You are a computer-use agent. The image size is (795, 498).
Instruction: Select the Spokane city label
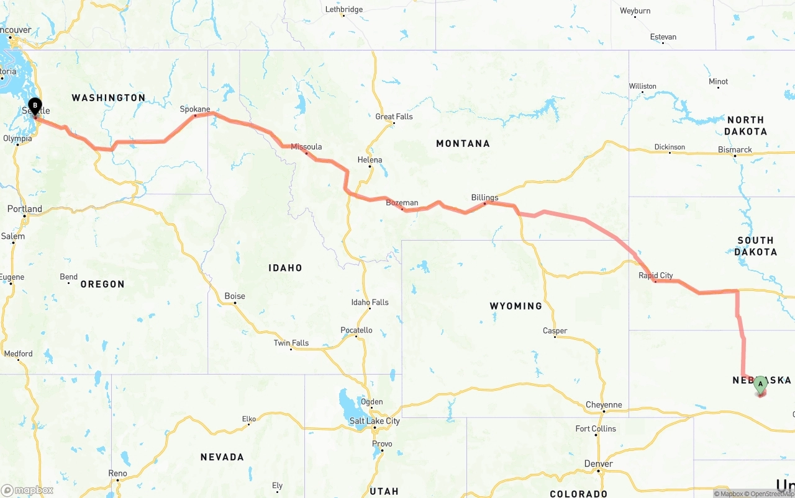click(x=195, y=109)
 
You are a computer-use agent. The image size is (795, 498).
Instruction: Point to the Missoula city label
click(x=306, y=147)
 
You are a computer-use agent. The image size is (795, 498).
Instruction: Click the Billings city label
click(x=484, y=198)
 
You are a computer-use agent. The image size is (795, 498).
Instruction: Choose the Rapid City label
click(x=656, y=276)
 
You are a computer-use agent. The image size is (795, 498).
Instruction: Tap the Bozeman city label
click(x=402, y=203)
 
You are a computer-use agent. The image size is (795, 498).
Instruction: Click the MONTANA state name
click(x=463, y=143)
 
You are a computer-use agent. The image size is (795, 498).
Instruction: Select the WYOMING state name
click(x=516, y=306)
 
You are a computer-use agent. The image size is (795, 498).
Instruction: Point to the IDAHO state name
click(x=285, y=268)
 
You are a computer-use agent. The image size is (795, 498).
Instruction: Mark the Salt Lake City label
click(x=375, y=421)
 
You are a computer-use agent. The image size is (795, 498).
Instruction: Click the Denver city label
click(x=599, y=464)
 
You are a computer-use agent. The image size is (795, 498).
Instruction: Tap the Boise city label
click(x=235, y=296)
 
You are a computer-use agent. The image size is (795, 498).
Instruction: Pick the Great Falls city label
click(x=394, y=117)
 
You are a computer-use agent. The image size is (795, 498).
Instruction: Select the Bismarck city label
click(x=735, y=149)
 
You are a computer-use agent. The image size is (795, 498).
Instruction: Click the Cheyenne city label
click(x=604, y=405)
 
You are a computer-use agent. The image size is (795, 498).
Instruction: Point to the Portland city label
click(x=25, y=209)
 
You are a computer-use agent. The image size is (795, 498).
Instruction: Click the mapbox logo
click(x=27, y=490)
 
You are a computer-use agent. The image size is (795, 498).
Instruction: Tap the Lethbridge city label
click(x=344, y=9)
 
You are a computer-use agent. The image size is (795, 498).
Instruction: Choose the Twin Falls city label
click(x=291, y=343)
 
